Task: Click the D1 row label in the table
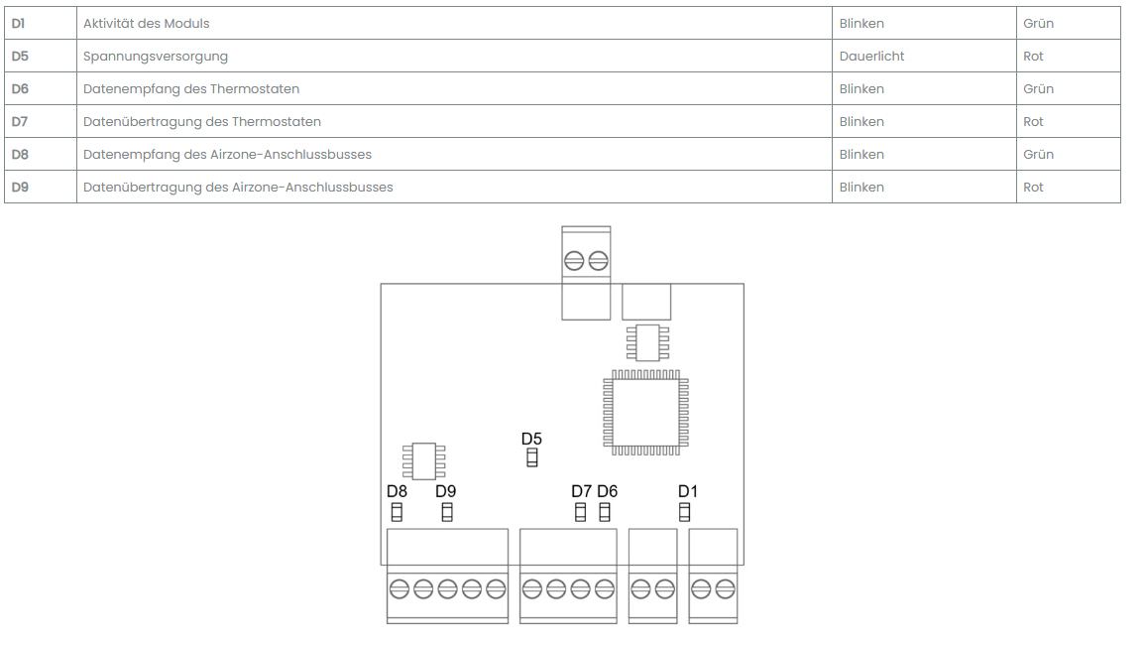click(19, 23)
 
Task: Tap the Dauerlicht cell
click(871, 57)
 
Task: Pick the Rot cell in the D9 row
click(1033, 188)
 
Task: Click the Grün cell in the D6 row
click(1038, 89)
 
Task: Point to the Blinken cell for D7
click(861, 122)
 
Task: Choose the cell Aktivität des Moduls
click(147, 23)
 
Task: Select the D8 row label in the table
click(20, 155)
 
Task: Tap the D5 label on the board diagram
click(531, 439)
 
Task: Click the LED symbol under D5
click(532, 457)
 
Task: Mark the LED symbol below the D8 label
click(397, 512)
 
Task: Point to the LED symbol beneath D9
click(447, 512)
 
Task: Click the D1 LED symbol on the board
click(684, 512)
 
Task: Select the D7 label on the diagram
click(581, 491)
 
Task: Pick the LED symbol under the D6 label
click(605, 512)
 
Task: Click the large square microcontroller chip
click(646, 412)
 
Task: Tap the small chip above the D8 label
click(423, 461)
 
